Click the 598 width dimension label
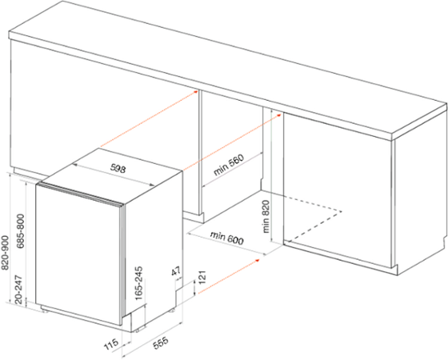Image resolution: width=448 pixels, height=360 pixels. [118, 169]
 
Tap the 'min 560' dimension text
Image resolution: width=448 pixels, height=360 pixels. [229, 165]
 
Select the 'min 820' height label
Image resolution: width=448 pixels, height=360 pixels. [266, 216]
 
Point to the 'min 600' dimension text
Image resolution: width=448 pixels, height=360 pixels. [227, 238]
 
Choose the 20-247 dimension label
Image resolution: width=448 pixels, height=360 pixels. [18, 289]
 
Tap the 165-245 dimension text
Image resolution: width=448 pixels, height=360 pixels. [139, 283]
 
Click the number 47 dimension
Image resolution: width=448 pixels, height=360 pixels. [176, 271]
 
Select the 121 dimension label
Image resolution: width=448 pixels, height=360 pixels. [202, 277]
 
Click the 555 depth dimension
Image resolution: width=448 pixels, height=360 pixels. [161, 342]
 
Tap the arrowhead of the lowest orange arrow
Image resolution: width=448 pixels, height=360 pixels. [258, 260]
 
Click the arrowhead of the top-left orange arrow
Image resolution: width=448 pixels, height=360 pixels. [196, 91]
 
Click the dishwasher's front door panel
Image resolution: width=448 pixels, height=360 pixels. [78, 254]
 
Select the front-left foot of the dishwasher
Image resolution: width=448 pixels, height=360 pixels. [44, 309]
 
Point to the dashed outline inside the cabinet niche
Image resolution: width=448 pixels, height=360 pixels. [314, 217]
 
